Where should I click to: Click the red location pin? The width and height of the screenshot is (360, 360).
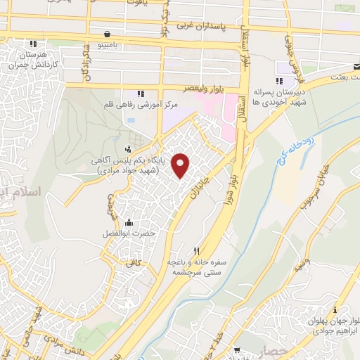182,165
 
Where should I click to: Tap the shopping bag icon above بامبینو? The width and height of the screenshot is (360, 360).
106,33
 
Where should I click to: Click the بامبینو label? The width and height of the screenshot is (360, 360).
106,44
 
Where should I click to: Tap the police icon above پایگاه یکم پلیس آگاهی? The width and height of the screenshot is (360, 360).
128,148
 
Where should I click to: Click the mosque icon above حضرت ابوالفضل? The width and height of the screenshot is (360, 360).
127,223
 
